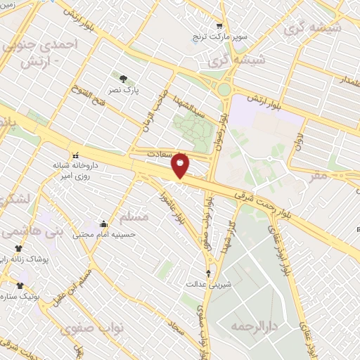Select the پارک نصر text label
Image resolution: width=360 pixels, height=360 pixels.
coord(127,91)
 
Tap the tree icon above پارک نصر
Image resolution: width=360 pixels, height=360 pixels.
coord(124,79)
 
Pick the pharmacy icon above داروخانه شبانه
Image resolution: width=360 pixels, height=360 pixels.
coord(74,155)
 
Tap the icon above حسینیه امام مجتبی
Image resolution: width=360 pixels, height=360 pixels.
coord(104,224)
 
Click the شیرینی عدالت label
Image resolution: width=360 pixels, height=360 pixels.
coord(208,285)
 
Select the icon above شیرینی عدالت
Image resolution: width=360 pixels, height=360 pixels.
coord(208,273)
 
